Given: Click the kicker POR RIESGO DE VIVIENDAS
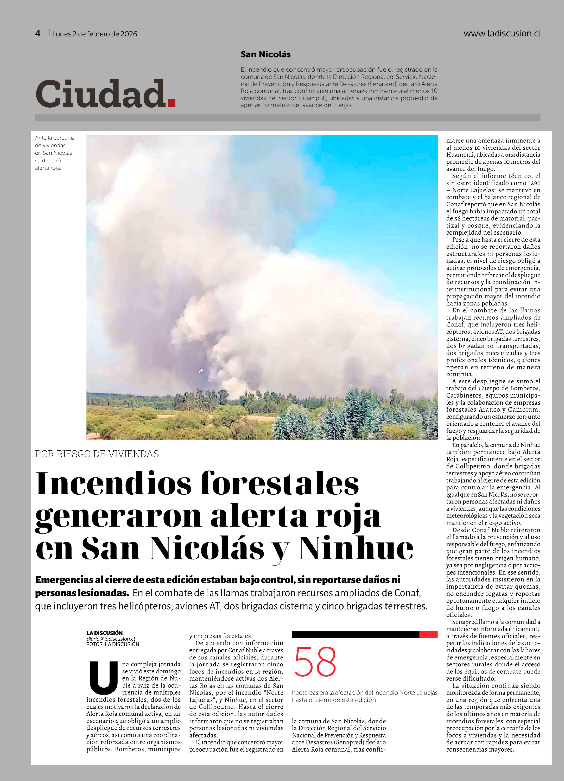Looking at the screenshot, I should [x=97, y=454].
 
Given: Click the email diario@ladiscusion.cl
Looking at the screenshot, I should [x=111, y=639].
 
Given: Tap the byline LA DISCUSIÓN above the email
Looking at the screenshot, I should [x=104, y=633].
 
